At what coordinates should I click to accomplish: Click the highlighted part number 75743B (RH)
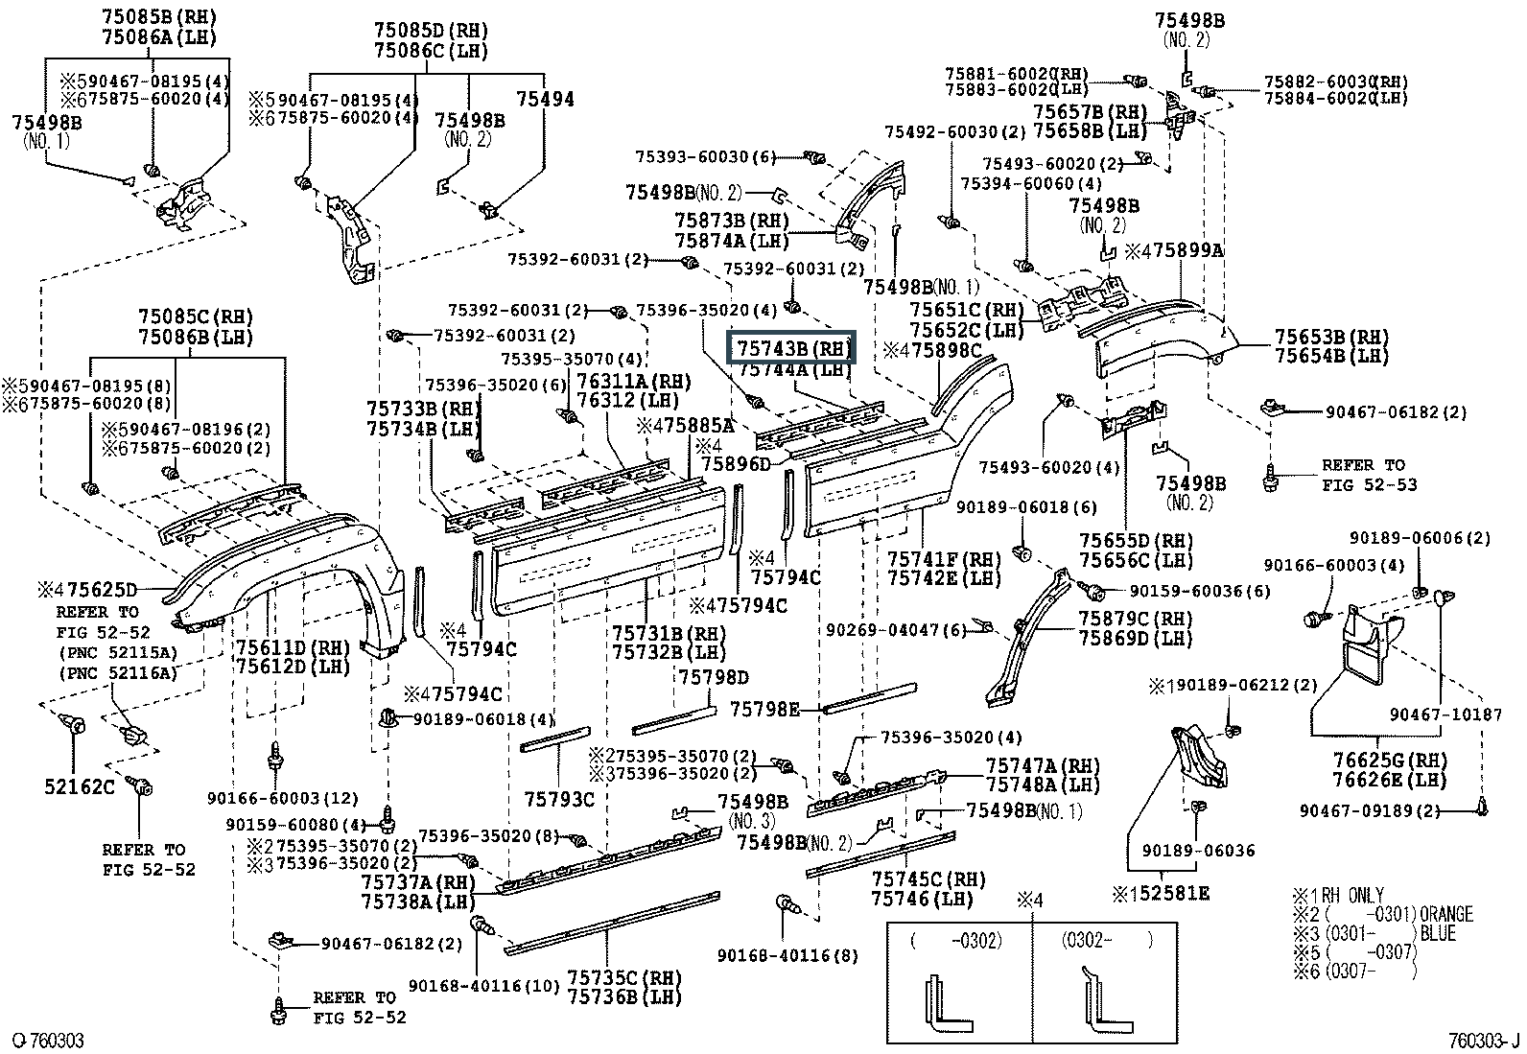pos(792,348)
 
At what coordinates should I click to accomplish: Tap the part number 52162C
pos(79,786)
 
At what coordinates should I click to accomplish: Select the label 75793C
pos(559,799)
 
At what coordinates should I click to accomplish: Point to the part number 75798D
pos(714,677)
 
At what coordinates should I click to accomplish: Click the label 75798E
pos(764,709)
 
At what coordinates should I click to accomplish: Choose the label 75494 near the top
pos(545,99)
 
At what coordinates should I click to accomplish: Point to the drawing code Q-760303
pos(47,1041)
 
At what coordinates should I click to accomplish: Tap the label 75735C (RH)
pos(623,978)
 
